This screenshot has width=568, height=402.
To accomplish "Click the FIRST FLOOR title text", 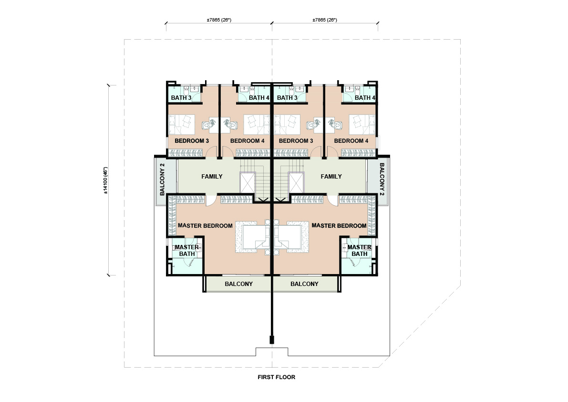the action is coord(277,377).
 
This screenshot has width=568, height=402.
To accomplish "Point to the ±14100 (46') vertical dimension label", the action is coord(106,180).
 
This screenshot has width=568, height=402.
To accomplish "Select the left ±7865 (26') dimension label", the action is coord(219,20).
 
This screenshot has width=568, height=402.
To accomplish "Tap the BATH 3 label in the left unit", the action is coord(181,97).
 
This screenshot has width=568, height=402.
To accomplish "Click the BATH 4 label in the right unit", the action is coord(365,97).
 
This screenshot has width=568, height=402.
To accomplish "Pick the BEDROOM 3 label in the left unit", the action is coord(192,141).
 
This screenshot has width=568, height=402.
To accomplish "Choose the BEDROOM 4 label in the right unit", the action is coord(351,141).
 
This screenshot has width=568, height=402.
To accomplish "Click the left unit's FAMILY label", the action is coord(212,177).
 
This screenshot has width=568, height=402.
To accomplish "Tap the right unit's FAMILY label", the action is coord(331,177).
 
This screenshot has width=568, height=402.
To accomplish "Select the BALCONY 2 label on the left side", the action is coord(162,180).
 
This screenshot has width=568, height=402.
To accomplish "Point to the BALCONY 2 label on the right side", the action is coord(382,180).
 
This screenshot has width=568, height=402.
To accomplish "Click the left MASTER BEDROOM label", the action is coord(205,225).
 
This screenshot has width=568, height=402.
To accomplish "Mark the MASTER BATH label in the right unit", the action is coord(359,251).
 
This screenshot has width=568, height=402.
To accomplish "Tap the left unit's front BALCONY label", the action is coord(239,284).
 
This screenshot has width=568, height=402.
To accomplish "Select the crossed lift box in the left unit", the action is coord(248,182).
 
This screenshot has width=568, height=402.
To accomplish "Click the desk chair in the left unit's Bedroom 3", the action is coord(209,124).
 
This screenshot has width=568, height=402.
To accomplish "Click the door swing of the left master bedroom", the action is coord(211,201).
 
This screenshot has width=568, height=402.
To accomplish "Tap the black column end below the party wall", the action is coord(272,339).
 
